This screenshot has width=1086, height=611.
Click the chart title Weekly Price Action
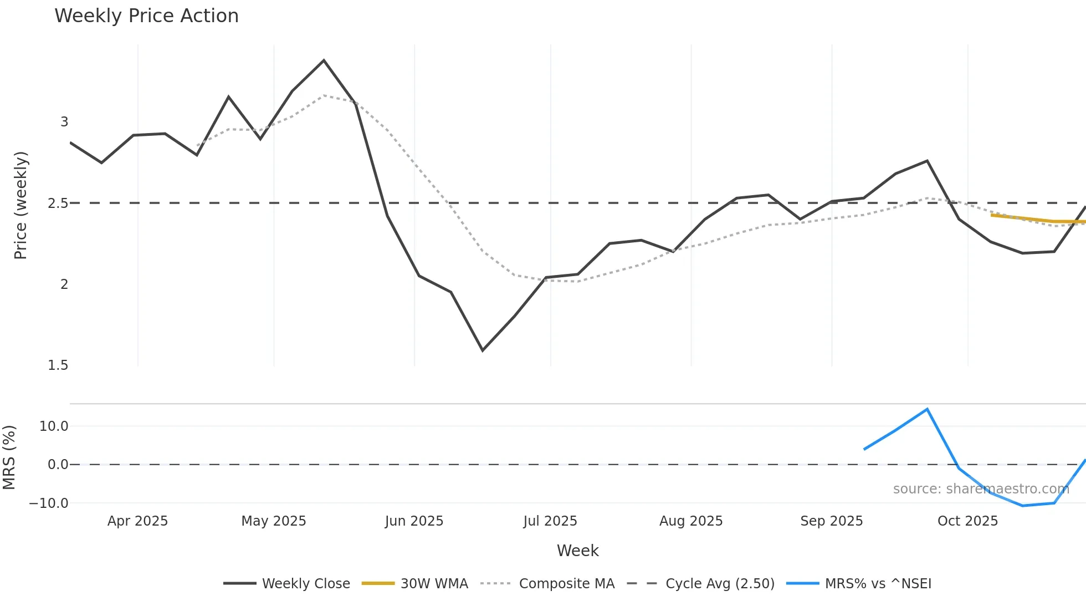click(x=146, y=16)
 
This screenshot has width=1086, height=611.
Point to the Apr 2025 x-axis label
click(x=137, y=521)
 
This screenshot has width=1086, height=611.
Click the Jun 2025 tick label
click(x=414, y=521)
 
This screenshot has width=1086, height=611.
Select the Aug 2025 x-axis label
click(x=691, y=521)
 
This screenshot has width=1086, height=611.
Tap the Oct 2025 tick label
click(x=967, y=521)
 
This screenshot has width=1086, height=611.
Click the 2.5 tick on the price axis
click(x=58, y=203)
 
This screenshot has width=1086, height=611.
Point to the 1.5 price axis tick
click(x=58, y=365)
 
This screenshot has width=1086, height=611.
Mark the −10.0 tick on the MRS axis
click(x=49, y=503)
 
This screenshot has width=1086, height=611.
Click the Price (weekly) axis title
click(x=21, y=205)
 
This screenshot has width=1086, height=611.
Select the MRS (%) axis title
click(x=9, y=457)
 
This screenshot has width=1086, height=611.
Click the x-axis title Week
click(x=577, y=551)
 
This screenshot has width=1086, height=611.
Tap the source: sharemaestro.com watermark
click(x=981, y=489)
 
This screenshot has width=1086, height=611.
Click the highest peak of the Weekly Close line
click(x=324, y=60)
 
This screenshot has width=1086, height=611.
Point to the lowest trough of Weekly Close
click(x=483, y=350)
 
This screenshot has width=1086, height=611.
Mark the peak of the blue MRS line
click(x=928, y=409)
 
